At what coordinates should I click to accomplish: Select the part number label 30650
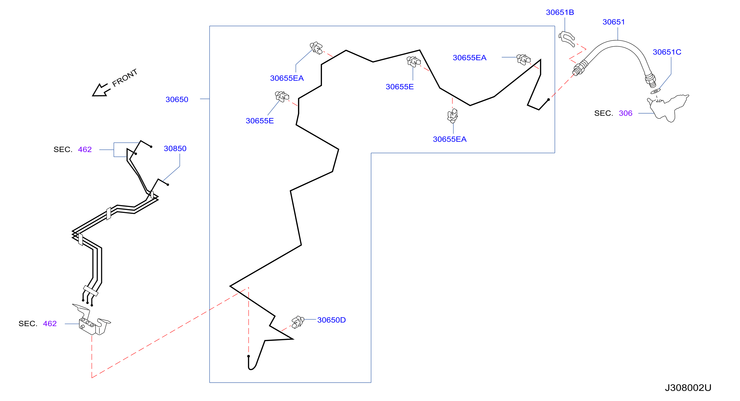(x=177, y=99)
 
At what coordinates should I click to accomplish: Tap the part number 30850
(x=175, y=148)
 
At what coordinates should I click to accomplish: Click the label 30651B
(x=560, y=12)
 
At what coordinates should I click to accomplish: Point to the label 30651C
(x=667, y=52)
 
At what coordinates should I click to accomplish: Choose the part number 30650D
(x=331, y=320)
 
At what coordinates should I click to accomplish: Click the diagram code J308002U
(x=688, y=388)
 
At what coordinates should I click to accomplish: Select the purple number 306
(x=625, y=113)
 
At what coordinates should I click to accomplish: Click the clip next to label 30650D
(x=298, y=322)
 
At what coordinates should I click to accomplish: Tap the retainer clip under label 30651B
(x=566, y=39)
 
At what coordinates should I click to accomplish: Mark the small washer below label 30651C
(x=655, y=92)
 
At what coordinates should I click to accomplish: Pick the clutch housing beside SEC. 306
(x=668, y=108)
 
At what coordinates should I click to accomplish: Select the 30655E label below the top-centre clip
(x=400, y=87)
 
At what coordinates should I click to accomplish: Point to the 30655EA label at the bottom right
(x=450, y=139)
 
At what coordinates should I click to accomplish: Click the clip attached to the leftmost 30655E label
(x=282, y=97)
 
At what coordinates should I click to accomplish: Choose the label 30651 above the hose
(x=614, y=22)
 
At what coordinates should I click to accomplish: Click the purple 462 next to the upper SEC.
(x=85, y=149)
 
